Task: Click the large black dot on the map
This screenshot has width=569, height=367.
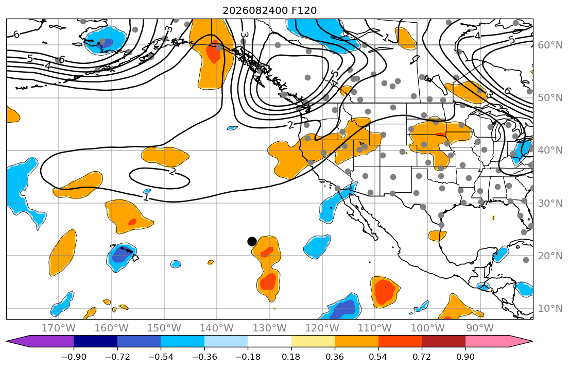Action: tap(252, 241)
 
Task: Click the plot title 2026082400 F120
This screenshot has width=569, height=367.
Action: tap(270, 10)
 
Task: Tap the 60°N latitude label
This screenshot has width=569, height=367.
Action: tap(550, 45)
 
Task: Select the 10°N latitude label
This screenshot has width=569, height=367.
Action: tap(550, 309)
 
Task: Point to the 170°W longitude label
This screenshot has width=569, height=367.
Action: tap(59, 328)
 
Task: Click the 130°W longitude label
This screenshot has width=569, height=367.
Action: tap(270, 328)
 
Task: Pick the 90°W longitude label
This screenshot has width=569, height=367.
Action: tap(480, 328)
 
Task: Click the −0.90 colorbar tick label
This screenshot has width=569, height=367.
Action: tap(74, 357)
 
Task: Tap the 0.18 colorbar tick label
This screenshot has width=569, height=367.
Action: tap(291, 357)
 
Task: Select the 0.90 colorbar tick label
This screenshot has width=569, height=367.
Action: tap(465, 357)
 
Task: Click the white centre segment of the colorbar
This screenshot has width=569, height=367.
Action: tap(270, 341)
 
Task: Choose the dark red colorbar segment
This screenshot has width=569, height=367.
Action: tap(444, 341)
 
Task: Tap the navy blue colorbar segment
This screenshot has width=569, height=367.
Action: tap(95, 341)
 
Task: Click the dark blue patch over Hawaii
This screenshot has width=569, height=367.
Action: tap(121, 255)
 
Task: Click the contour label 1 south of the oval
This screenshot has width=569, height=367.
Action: tap(146, 197)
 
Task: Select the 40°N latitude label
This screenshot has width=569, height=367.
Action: tap(550, 151)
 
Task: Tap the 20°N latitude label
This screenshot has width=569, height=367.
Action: tap(550, 256)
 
